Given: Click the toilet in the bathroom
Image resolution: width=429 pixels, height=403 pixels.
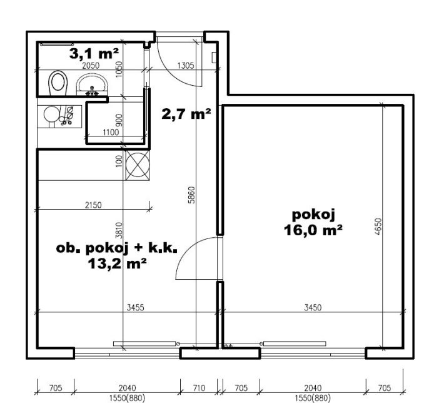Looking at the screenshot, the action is click(x=58, y=83).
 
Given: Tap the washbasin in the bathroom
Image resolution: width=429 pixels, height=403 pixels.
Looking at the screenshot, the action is click(x=92, y=84).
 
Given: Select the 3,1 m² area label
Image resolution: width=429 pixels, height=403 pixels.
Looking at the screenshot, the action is click(x=94, y=53).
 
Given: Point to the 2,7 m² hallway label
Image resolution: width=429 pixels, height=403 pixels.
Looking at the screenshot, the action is click(x=186, y=114).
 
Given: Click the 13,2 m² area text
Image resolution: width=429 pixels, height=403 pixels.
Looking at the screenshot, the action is click(x=117, y=264).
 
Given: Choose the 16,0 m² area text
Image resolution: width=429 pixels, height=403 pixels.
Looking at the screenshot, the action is click(x=313, y=230).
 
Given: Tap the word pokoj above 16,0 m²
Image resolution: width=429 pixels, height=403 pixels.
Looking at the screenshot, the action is click(x=313, y=215).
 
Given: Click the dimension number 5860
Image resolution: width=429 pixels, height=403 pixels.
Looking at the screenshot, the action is click(x=192, y=195).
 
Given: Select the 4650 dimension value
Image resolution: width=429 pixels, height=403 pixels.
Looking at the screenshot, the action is click(x=378, y=227).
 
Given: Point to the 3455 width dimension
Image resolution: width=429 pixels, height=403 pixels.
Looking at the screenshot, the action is click(x=136, y=307).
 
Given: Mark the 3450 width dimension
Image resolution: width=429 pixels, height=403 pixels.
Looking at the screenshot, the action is click(x=313, y=307).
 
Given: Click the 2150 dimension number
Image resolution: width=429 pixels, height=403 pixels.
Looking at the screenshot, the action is click(x=93, y=205).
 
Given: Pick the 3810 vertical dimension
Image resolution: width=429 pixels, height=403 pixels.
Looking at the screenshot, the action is click(x=119, y=230).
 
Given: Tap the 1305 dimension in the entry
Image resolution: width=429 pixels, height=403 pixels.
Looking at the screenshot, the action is click(x=186, y=66).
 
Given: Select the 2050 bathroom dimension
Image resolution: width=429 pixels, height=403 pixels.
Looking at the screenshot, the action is click(x=91, y=66).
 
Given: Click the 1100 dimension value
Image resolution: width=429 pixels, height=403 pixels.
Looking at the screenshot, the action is click(x=111, y=133).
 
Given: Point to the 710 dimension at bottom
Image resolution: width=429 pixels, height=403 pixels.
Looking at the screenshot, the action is click(x=199, y=388).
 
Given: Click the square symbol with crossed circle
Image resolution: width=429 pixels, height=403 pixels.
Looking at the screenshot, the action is click(x=138, y=165).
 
